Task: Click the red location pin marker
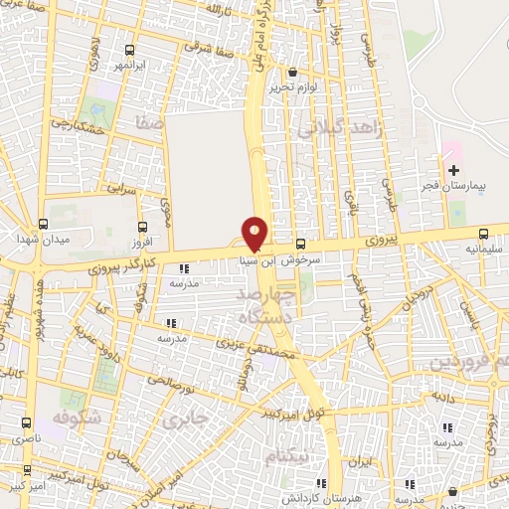click(254, 233)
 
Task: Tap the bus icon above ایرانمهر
click(130, 50)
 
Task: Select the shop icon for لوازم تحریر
click(292, 73)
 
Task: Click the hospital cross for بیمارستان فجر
click(453, 171)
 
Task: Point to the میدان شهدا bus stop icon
click(42, 224)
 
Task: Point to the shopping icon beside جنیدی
click(453, 491)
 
